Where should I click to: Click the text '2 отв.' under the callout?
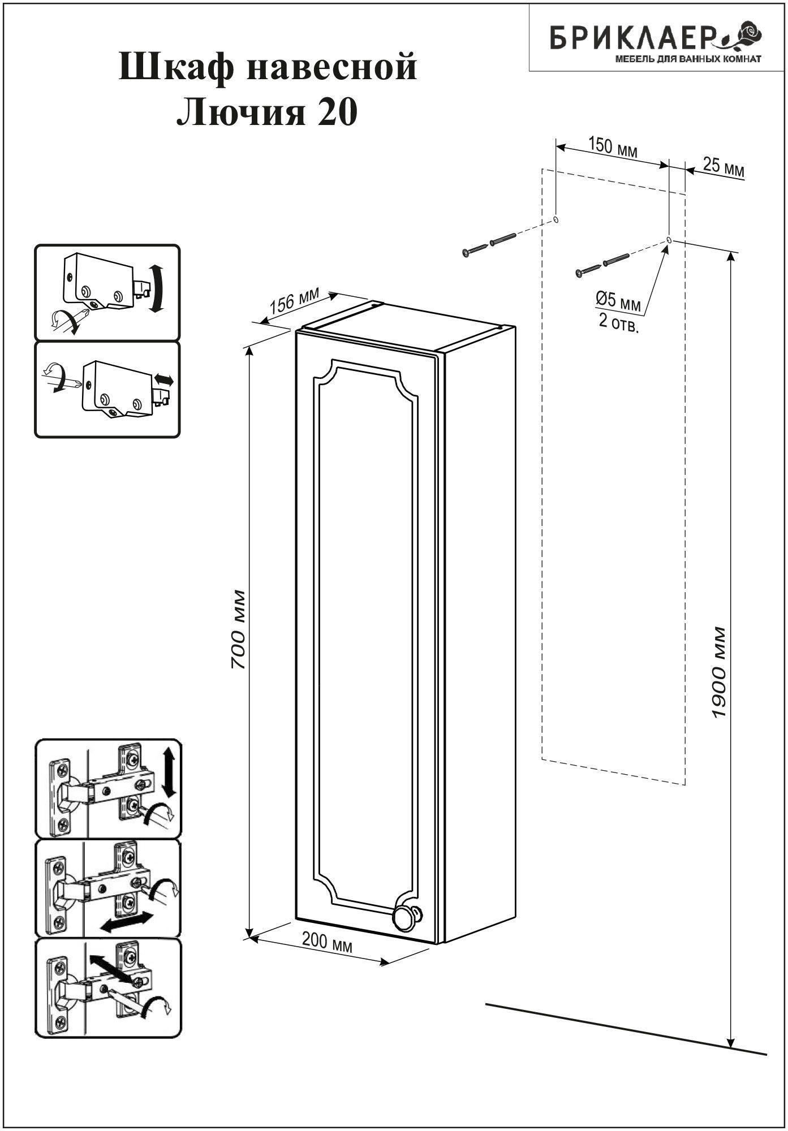618,324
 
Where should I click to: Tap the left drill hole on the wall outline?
556,219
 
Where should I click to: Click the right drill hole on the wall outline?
669,240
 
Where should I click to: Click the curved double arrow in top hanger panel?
158,288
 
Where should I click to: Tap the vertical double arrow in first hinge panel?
169,771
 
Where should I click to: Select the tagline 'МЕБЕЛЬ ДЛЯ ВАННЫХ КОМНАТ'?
687,59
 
